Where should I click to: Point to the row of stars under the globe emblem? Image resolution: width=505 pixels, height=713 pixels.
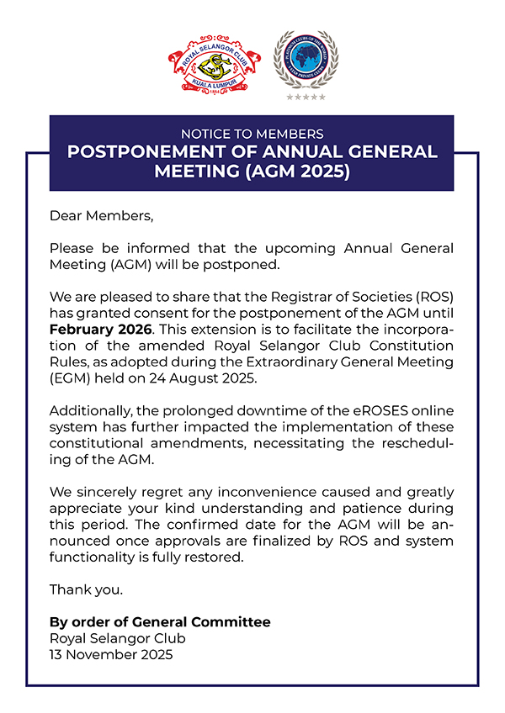306,98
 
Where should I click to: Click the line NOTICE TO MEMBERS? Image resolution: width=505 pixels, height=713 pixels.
252,134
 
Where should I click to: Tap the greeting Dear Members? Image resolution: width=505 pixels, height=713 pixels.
102,216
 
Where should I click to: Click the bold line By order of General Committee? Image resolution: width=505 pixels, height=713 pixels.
160,621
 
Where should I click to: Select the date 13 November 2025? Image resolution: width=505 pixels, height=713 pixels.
111,653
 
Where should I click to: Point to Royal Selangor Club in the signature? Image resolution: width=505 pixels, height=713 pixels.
117,637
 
